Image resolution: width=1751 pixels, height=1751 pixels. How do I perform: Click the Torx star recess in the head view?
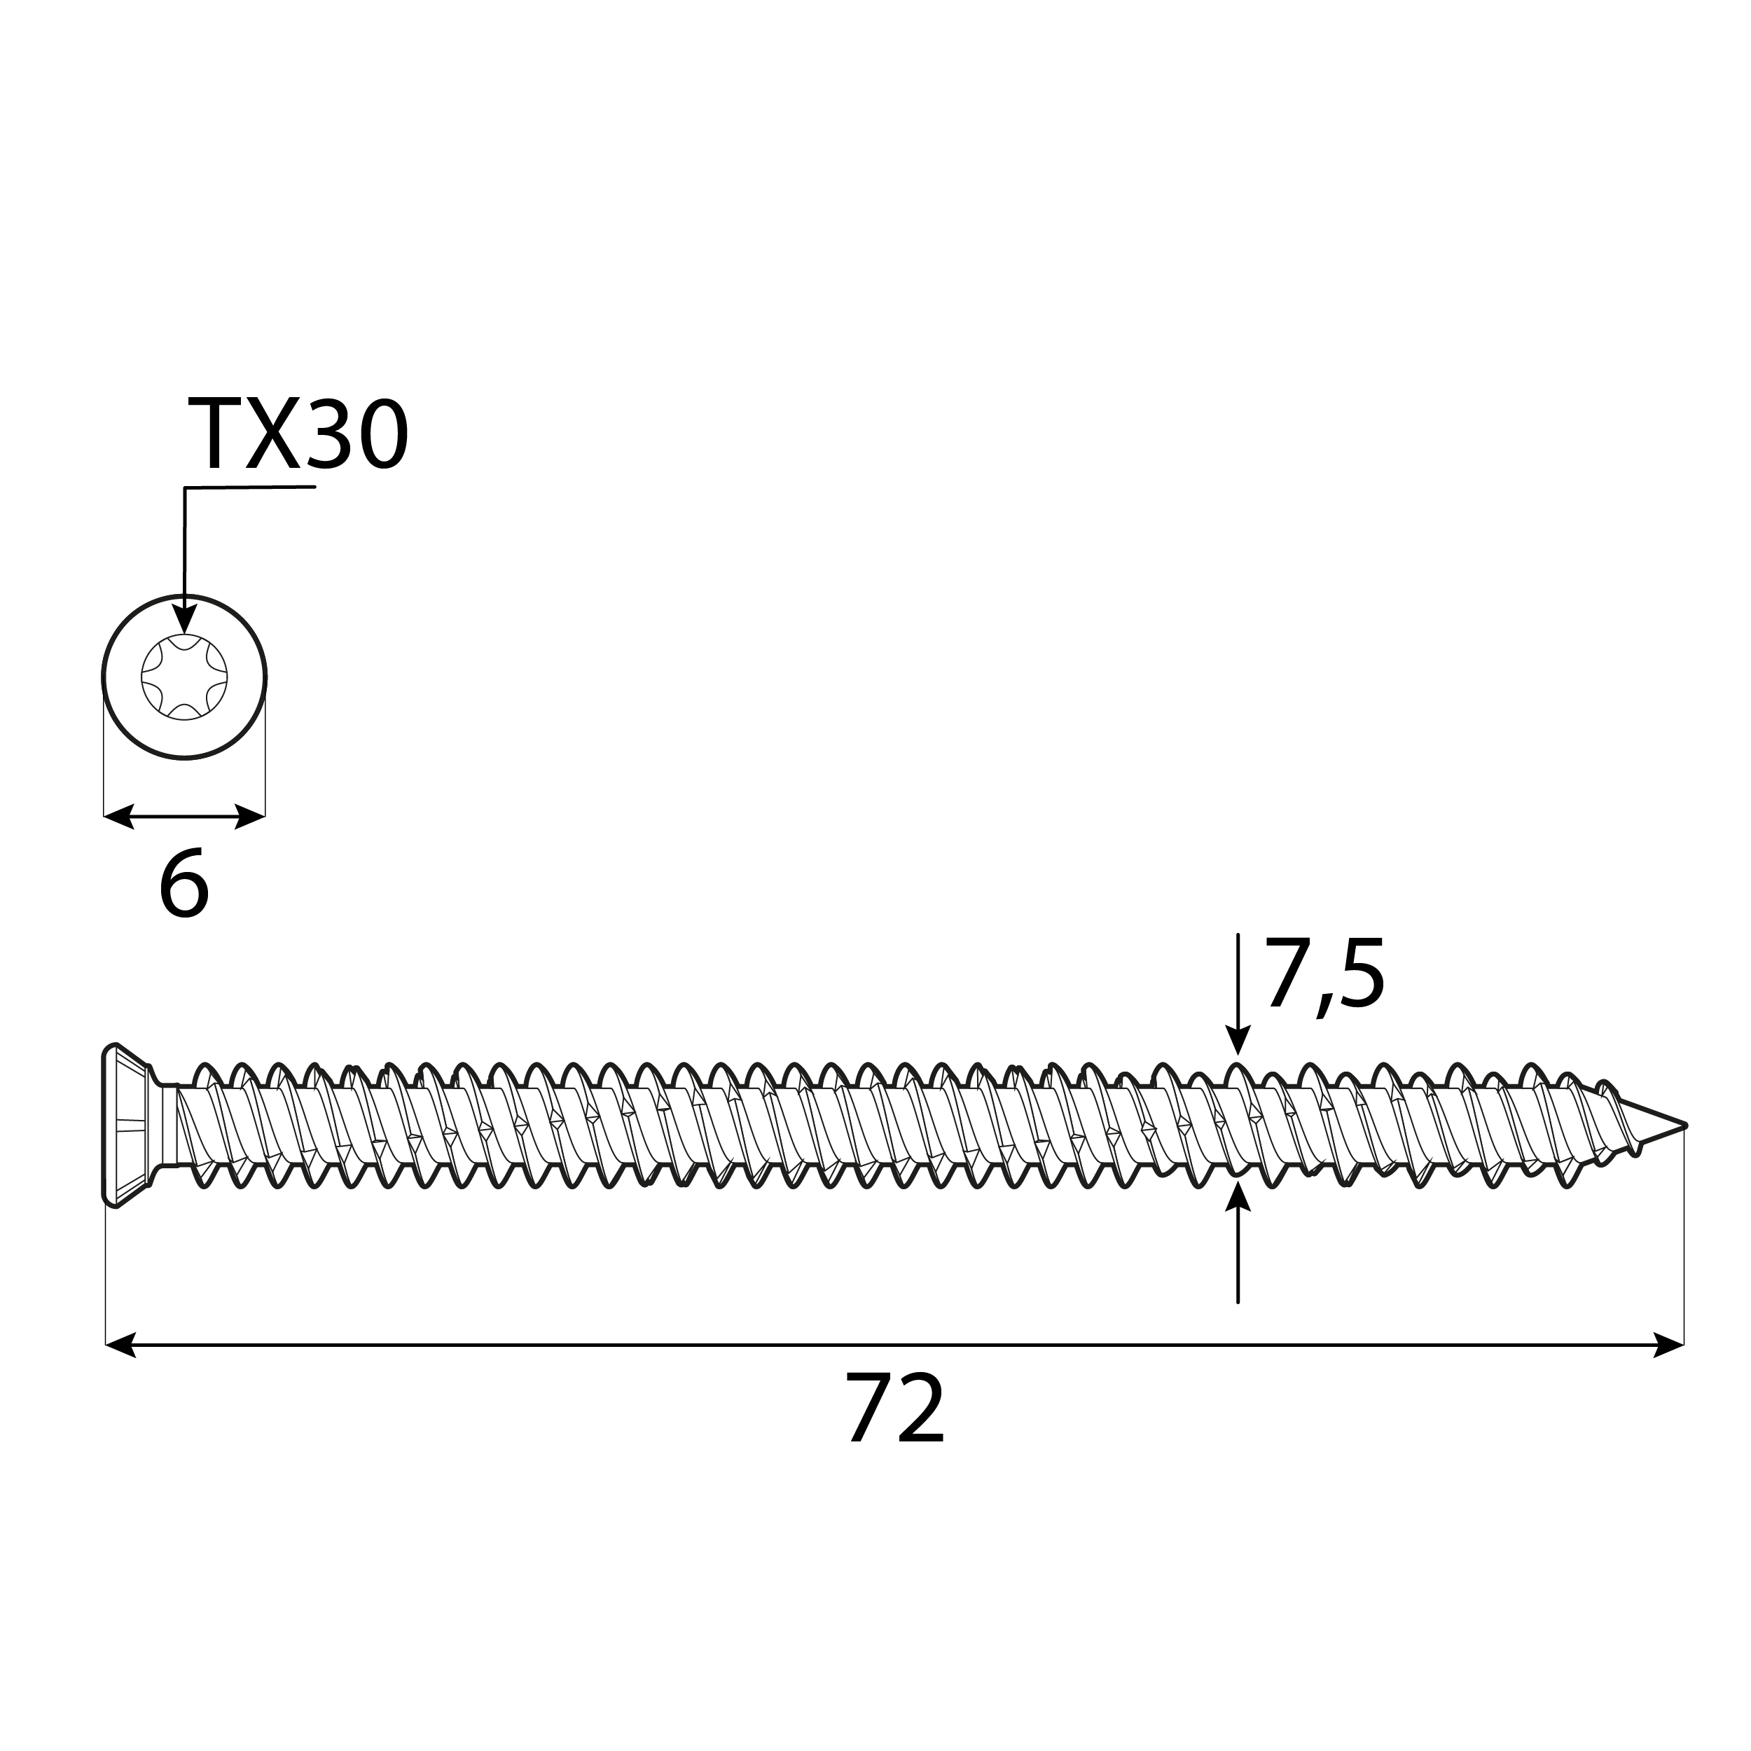tap(184, 677)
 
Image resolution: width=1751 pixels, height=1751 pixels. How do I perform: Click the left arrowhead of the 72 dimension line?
tap(120, 1345)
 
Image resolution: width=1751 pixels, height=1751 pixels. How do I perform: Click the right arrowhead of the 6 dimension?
tap(250, 816)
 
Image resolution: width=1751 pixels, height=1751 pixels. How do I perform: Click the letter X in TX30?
tap(272, 436)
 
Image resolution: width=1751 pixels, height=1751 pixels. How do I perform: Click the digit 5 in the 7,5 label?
tap(1360, 975)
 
